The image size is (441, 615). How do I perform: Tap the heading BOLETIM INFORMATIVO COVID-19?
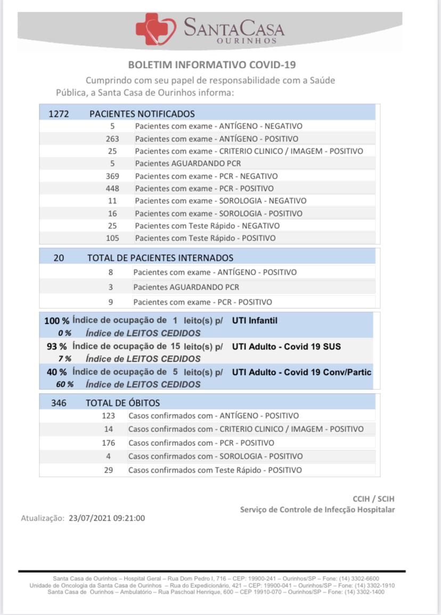pyautogui.click(x=212, y=65)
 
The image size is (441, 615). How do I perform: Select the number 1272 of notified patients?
pyautogui.click(x=59, y=114)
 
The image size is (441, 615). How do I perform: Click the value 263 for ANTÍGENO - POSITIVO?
pyautogui.click(x=112, y=139)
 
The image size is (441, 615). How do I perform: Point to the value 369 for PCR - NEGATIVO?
pyautogui.click(x=112, y=176)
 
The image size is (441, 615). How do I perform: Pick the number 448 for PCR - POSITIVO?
pyautogui.click(x=112, y=188)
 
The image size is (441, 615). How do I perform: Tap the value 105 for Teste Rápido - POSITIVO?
pyautogui.click(x=112, y=238)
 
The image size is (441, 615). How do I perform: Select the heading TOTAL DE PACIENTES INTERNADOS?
pyautogui.click(x=160, y=258)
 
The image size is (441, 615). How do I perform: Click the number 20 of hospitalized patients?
pyautogui.click(x=59, y=258)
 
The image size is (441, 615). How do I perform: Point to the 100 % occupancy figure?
pyautogui.click(x=56, y=321)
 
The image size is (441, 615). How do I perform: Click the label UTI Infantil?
pyautogui.click(x=255, y=321)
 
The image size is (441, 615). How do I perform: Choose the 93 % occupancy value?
pyautogui.click(x=56, y=346)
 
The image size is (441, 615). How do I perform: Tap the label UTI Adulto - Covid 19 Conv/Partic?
pyautogui.click(x=301, y=372)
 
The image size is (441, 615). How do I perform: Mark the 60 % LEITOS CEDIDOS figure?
pyautogui.click(x=65, y=384)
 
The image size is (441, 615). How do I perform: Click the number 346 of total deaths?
pyautogui.click(x=59, y=403)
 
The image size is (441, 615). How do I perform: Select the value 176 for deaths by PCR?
pyautogui.click(x=109, y=443)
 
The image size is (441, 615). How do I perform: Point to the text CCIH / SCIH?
pyautogui.click(x=373, y=499)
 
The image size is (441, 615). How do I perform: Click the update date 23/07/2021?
pyautogui.click(x=89, y=517)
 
